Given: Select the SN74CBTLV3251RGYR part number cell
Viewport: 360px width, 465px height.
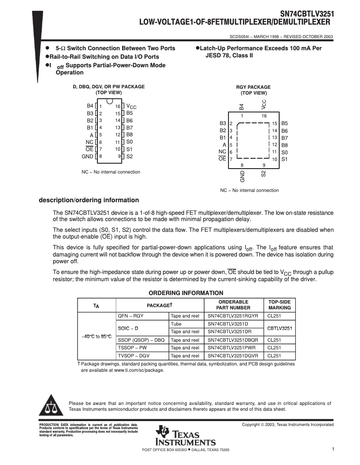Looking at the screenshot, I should (x=233, y=316).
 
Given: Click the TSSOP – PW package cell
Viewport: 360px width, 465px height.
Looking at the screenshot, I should (x=132, y=348).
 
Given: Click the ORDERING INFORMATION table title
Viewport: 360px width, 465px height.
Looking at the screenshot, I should (x=186, y=293).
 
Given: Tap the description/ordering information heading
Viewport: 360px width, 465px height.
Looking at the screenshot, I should (x=89, y=200).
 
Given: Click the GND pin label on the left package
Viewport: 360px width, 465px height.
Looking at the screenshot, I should (x=87, y=156).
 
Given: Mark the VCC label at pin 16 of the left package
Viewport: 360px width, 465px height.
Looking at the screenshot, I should (x=131, y=106).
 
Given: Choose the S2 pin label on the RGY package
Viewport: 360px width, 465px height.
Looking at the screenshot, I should (x=263, y=174).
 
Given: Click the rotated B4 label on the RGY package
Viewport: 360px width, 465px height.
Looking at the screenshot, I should (x=241, y=107).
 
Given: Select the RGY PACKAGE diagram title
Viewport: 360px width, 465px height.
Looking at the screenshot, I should (x=253, y=87).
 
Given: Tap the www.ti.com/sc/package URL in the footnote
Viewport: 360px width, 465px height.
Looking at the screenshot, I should (x=139, y=370).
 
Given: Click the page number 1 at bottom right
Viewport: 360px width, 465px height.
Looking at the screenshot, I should (x=333, y=449).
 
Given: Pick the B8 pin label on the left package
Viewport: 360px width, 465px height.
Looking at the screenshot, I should (x=129, y=135).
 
